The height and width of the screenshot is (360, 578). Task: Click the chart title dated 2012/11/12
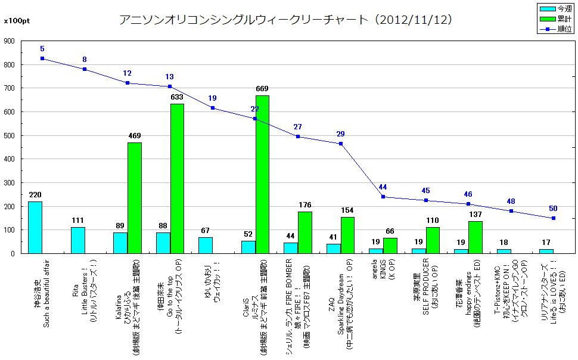tap(286, 20)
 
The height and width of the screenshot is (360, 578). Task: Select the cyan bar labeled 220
tap(35, 227)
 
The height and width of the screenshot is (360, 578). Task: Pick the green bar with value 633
tap(177, 178)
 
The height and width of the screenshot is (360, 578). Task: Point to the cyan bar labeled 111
tap(78, 240)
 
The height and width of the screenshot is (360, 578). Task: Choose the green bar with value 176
tap(304, 232)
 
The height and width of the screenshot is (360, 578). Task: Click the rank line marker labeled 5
tap(42, 58)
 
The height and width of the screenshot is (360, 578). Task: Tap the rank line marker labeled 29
tap(340, 144)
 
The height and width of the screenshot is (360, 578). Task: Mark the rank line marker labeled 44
tap(383, 197)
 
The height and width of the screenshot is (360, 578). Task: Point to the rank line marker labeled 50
tap(553, 218)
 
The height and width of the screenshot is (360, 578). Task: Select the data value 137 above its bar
tap(475, 215)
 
